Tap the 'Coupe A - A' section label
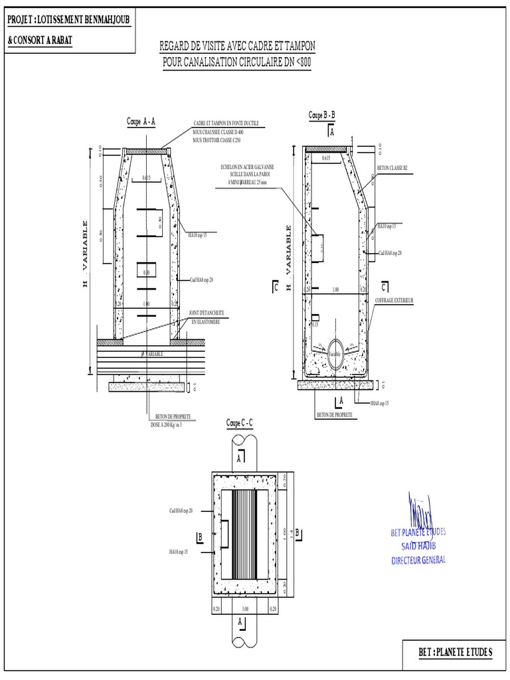[141, 122]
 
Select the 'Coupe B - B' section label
[322, 116]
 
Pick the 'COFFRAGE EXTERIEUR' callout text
[394, 301]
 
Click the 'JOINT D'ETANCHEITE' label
[207, 312]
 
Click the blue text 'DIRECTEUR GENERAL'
[418, 560]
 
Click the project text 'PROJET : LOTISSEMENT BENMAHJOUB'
[68, 20]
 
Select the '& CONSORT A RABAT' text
[40, 40]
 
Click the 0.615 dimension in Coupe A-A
[147, 178]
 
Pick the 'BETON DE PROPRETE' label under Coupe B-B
[334, 414]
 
